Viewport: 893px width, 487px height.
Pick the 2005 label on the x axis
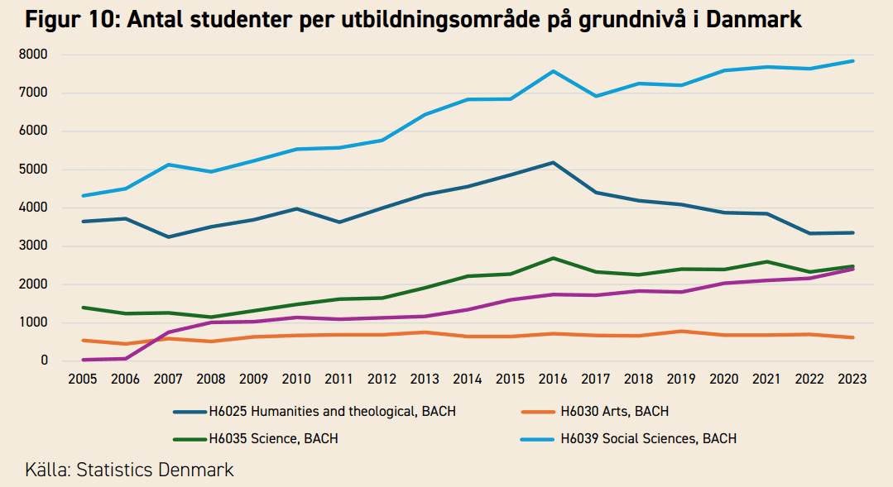pyautogui.click(x=83, y=379)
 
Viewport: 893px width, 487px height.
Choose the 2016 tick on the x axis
pyautogui.click(x=553, y=379)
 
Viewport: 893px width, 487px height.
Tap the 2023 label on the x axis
pyautogui.click(x=852, y=379)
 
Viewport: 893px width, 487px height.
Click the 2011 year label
pyautogui.click(x=339, y=379)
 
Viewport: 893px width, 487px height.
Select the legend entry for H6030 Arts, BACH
pyautogui.click(x=613, y=411)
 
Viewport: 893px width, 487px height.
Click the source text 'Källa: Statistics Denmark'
pyautogui.click(x=129, y=470)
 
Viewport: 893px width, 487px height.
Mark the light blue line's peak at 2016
pyautogui.click(x=553, y=71)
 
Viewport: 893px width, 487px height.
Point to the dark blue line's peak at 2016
pyautogui.click(x=553, y=162)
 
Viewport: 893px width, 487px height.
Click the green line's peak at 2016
pyautogui.click(x=553, y=258)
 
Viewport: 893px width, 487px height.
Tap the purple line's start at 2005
pyautogui.click(x=83, y=360)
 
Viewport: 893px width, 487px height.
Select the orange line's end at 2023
pyautogui.click(x=852, y=337)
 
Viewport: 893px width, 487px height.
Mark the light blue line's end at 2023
pyautogui.click(x=852, y=60)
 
